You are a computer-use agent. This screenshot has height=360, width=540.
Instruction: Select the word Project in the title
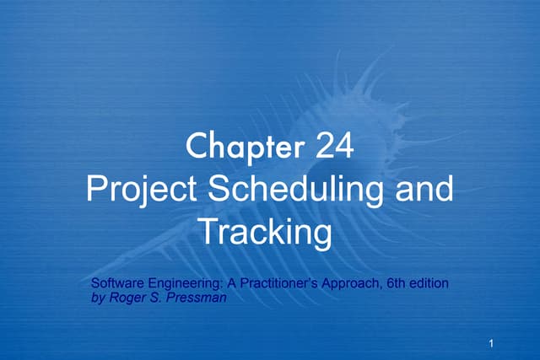tap(142, 190)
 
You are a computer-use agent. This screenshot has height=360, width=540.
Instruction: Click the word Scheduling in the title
tap(300, 190)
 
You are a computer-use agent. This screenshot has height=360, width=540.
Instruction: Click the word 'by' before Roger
tap(96, 297)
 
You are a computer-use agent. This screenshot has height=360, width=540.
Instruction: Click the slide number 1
tap(490, 343)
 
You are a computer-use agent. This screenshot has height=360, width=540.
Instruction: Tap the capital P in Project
tap(97, 190)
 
